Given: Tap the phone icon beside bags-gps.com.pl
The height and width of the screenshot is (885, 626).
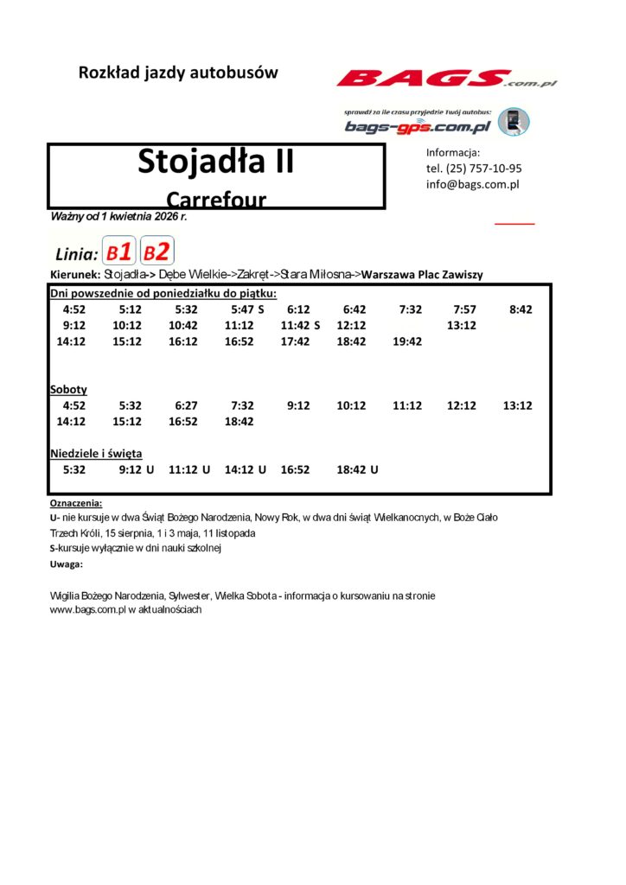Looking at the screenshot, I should tap(514, 121).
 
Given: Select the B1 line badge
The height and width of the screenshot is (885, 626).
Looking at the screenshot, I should tap(119, 252).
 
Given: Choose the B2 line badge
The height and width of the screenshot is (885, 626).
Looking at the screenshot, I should tap(157, 252).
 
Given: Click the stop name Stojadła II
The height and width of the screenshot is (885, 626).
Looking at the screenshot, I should tap(215, 162).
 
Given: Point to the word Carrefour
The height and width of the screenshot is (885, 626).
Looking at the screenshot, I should tap(215, 199).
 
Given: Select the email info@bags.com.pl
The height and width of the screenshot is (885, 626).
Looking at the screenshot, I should tap(472, 184).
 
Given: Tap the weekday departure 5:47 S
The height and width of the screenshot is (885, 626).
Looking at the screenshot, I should tap(247, 309).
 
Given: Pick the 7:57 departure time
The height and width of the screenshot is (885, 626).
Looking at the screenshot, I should tap(464, 309).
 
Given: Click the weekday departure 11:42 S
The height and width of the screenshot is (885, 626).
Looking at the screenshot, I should tap(300, 326).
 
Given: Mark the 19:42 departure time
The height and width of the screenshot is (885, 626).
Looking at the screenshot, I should tap(407, 341).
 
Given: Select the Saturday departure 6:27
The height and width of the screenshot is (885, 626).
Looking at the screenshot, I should tap(186, 405).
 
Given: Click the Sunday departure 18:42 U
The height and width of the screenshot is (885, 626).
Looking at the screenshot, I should tap(357, 469).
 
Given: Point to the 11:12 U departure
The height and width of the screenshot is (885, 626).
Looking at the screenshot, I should tap(189, 469).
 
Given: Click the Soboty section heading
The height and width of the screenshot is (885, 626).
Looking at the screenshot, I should tap(68, 390).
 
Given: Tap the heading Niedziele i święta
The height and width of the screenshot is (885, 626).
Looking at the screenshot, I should tap(96, 453).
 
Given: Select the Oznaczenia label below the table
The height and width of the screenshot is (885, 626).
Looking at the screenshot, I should tap(76, 502).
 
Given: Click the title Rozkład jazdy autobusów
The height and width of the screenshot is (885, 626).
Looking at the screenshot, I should tap(178, 73).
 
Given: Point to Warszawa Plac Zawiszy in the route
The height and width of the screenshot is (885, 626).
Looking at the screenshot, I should tap(422, 275).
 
